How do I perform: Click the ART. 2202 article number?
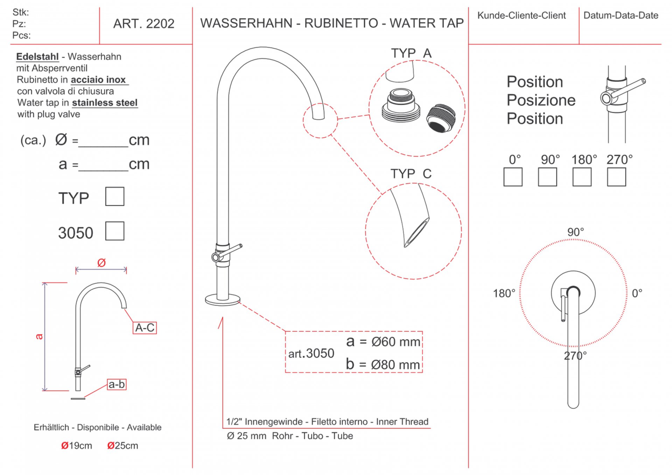pos(143,24)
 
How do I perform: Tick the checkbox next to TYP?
pos(115,196)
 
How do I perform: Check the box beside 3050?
pos(115,231)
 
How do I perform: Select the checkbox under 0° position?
pos(513,177)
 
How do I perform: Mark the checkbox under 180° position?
pos(582,177)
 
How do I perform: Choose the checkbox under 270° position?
pos(616,177)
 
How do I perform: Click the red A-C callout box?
pos(145,328)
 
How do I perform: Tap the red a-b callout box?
pos(117,384)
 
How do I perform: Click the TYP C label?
pos(411,174)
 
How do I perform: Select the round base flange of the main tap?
pos(223,300)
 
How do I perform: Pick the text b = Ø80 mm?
pos(383,364)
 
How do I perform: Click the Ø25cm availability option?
pos(122,446)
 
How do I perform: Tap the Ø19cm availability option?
pos(76,446)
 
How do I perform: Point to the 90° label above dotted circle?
pos(575,232)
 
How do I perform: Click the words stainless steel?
pos(105,103)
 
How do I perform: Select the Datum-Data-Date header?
pos(621,15)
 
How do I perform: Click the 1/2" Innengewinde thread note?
pos(327,422)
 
